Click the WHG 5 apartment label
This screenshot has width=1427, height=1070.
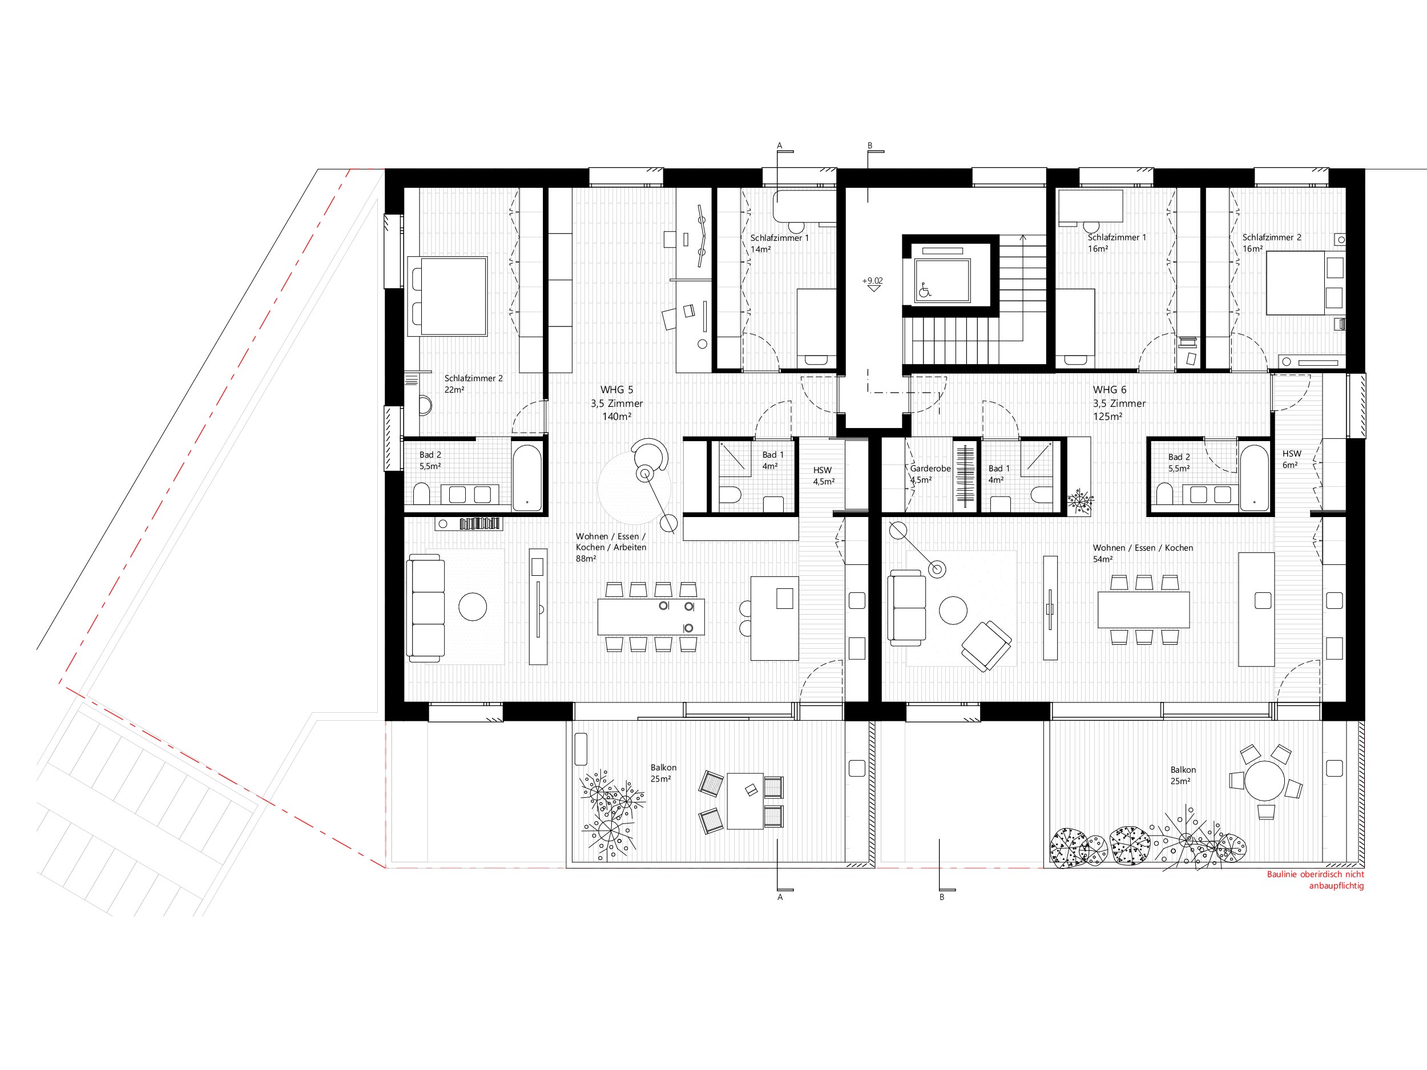click(x=616, y=403)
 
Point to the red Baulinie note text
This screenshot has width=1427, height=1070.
click(x=1315, y=880)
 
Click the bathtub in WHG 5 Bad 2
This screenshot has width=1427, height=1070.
click(x=527, y=478)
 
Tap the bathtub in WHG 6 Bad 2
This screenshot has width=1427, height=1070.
click(x=1254, y=478)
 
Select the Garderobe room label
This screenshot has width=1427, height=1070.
click(x=930, y=474)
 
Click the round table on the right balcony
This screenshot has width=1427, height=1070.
click(x=1265, y=781)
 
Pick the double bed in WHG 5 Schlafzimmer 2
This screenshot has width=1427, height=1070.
click(x=447, y=296)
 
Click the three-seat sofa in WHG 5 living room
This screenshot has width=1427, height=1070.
click(x=426, y=608)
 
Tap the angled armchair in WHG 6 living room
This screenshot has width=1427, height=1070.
click(x=986, y=645)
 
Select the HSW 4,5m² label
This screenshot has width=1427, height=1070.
click(x=824, y=476)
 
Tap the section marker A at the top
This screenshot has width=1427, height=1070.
click(x=779, y=146)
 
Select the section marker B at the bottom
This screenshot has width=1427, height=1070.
click(x=942, y=897)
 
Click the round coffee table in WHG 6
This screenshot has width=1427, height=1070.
click(x=953, y=610)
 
